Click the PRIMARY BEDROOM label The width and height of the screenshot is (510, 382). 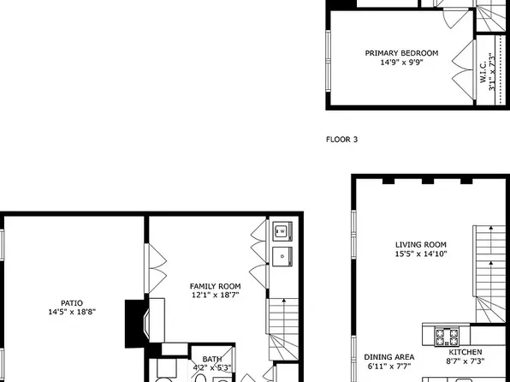click(400, 53)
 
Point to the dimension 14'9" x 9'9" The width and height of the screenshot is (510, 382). click(400, 62)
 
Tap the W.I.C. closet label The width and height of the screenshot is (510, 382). click(483, 69)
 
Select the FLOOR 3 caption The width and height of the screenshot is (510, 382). click(342, 138)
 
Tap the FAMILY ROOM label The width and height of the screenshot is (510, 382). click(215, 286)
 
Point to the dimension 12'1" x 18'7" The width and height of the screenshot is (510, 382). click(215, 295)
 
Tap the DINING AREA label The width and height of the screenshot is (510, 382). click(389, 356)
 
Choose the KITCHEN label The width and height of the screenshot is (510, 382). click(466, 352)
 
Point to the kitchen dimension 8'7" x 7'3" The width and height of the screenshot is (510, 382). click(466, 362)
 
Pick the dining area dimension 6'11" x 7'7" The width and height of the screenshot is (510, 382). click(389, 367)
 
